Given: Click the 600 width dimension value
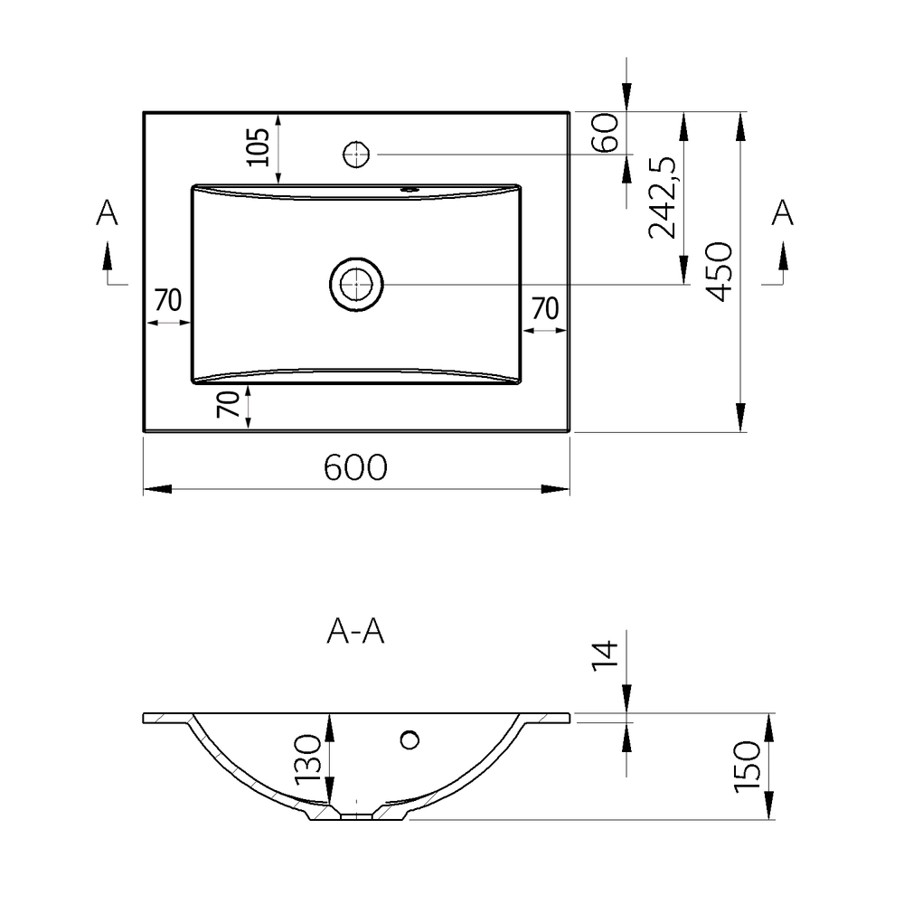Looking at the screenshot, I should click(x=355, y=467).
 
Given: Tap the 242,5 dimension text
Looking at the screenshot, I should click(x=664, y=196).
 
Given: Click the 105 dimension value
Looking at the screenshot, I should click(x=259, y=147).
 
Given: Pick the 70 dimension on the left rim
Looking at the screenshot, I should click(x=169, y=300).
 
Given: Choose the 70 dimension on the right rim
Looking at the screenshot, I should click(x=543, y=308).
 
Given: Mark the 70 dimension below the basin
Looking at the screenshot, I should click(x=229, y=404).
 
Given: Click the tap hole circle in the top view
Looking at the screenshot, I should click(x=356, y=154).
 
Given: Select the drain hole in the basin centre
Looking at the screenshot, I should click(x=356, y=284).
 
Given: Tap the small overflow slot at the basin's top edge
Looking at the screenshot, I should click(x=409, y=190).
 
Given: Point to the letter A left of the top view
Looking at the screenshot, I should click(x=108, y=212).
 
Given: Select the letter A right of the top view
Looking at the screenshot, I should click(x=783, y=212).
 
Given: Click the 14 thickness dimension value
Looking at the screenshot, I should click(x=606, y=654).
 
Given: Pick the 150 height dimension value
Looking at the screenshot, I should click(x=747, y=767).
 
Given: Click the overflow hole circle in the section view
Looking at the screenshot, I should click(x=410, y=740).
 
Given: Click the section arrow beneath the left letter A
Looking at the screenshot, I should click(x=108, y=258).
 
